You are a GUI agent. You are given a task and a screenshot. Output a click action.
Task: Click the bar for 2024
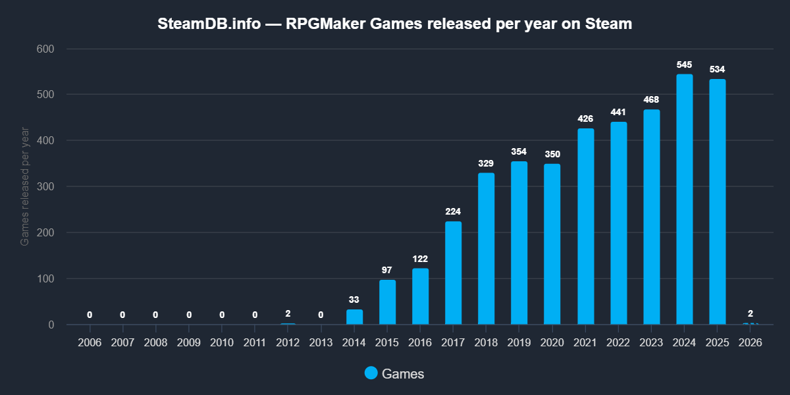click(x=685, y=199)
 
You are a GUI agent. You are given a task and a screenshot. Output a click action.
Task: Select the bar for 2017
click(x=453, y=273)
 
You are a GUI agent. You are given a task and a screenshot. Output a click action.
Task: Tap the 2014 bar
click(x=354, y=317)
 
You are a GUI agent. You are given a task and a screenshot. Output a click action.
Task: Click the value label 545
click(x=685, y=65)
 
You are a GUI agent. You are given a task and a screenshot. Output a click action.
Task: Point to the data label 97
click(x=387, y=271)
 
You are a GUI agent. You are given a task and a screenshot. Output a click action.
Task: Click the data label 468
click(x=651, y=99)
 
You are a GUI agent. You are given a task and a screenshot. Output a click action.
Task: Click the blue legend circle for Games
click(x=371, y=373)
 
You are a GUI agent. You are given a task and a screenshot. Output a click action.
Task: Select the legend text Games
click(x=403, y=374)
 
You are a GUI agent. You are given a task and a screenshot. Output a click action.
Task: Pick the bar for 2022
click(x=618, y=223)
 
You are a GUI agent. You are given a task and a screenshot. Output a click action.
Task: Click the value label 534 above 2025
click(x=718, y=70)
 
